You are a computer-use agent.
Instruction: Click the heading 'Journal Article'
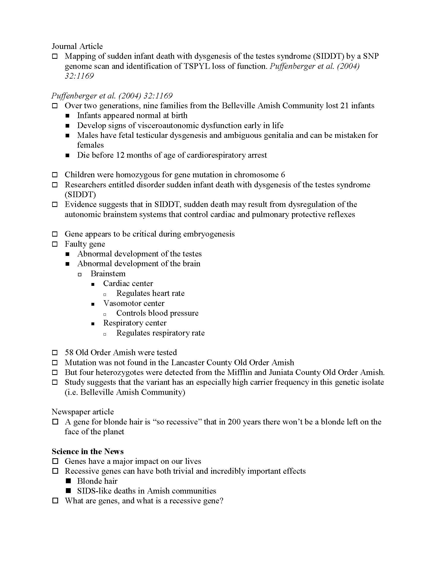pos(77,46)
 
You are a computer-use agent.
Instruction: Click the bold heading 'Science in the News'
pos(88,451)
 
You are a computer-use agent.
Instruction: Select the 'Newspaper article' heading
pos(83,412)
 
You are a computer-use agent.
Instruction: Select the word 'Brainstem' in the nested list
pos(108,274)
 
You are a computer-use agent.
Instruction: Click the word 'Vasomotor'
pos(120,303)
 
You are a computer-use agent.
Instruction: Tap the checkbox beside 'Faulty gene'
pos(55,244)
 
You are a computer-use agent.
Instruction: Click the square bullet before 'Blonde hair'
pos(68,481)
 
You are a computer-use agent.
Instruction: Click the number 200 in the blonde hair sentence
pos(235,422)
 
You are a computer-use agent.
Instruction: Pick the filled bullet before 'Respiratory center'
pos(93,323)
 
